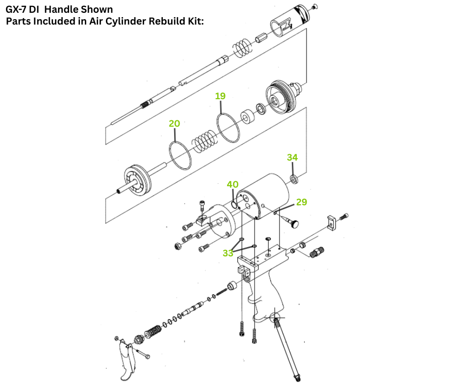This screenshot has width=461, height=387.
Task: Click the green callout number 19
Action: (220, 96)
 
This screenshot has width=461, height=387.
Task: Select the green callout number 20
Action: (175, 123)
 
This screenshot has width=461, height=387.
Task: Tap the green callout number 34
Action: (292, 157)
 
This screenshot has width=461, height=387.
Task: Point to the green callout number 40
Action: (232, 185)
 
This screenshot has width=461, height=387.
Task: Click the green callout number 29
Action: (302, 202)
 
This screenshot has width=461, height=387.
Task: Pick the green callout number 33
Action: (228, 253)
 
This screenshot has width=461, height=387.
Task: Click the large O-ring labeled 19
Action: (228, 127)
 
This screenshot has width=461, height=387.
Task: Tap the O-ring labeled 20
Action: (180, 156)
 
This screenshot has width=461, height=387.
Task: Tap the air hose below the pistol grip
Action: (287, 349)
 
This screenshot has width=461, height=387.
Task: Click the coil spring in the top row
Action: (242, 47)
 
